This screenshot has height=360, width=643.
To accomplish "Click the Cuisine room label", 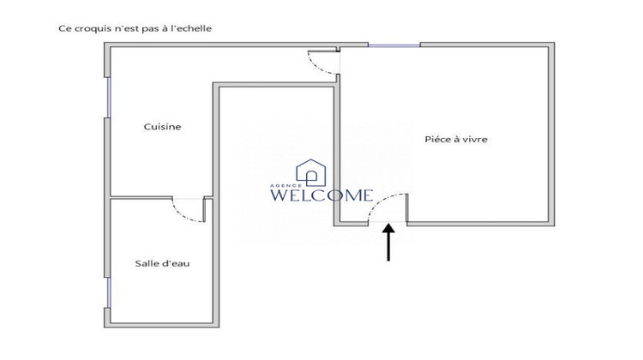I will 162,127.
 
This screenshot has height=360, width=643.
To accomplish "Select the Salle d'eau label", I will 162,263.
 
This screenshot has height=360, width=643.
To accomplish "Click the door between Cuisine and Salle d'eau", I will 189,211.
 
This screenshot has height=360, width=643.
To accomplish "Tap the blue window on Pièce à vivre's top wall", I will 381,45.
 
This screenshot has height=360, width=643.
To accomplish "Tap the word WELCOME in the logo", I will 321,195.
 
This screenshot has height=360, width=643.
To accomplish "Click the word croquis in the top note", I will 88,28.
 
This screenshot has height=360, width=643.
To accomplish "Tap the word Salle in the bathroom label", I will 146,263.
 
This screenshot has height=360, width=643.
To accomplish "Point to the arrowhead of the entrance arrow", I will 388,229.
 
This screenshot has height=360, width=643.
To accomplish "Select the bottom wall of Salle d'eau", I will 163,326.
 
